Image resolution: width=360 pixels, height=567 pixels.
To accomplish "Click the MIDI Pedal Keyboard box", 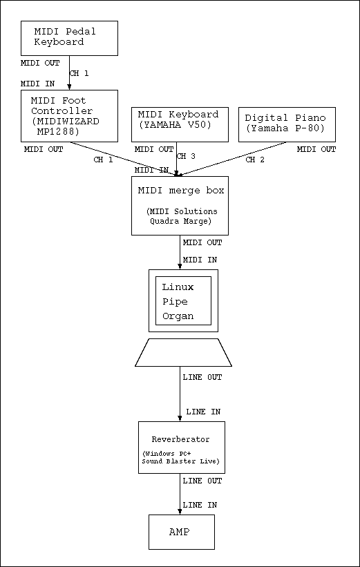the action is coord(69,38).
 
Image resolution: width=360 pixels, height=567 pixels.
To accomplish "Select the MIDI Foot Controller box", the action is coord(70,116).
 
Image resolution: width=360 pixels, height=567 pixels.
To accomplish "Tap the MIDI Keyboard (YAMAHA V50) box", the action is coord(180,124).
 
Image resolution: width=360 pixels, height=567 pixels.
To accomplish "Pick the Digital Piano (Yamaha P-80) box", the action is coord(287,124).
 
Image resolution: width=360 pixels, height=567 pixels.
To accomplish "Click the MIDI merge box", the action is coord(180,206).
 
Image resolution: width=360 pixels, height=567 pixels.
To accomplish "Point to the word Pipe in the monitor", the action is coord(175,302).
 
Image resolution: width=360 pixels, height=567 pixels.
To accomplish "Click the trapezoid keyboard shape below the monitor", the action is coord(183,353).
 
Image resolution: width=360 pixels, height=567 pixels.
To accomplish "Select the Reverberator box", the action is coord(182,448).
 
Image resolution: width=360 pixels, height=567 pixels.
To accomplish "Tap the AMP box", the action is coord(182,532).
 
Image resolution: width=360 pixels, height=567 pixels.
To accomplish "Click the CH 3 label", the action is coord(186,156).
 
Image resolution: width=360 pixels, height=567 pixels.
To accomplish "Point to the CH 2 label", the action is coord(255,160).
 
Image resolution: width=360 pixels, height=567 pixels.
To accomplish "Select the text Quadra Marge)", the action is coord(180,221).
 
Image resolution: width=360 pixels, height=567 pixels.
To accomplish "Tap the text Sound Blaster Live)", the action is coord(180,461).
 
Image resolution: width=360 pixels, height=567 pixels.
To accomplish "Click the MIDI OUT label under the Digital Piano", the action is coord(316,149).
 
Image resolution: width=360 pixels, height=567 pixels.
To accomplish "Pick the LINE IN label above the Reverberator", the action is coord(203,412).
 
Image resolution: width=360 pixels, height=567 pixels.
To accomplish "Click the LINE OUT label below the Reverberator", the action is coord(202,481).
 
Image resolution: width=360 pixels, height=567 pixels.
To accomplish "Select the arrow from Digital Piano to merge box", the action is coord(232,159).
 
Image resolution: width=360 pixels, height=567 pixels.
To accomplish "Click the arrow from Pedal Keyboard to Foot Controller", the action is coord(70,73).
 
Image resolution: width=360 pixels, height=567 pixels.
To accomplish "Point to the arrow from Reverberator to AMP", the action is coord(180,494).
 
